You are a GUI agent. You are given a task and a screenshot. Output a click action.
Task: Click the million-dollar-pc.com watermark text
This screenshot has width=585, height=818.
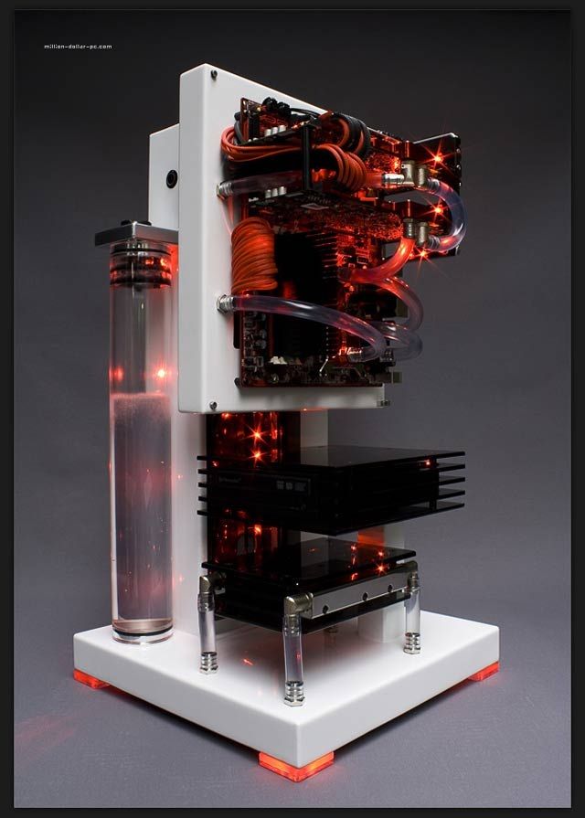point(78,46)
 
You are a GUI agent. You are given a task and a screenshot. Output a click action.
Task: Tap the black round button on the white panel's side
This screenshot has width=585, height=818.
point(171,178)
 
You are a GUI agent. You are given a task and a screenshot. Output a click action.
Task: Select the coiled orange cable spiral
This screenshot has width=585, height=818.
point(253,255)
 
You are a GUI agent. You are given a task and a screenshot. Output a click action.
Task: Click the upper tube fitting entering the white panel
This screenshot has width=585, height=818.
point(222,190)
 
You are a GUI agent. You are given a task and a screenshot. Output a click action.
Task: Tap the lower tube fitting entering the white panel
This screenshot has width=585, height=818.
point(222,302)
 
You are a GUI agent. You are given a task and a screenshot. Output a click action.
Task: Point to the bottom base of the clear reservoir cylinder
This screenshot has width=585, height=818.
point(141,631)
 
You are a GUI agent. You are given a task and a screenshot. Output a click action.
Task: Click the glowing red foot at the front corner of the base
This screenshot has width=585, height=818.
point(294,765)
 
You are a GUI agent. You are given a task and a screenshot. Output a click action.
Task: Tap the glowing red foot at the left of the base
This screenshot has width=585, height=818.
point(91,679)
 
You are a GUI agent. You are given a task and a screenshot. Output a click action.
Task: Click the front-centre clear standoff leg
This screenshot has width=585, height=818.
point(293,658)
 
